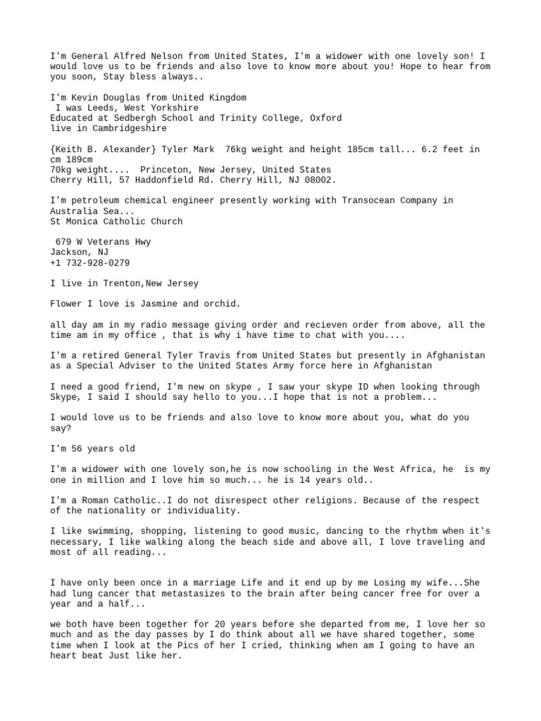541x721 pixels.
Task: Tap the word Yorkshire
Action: [172, 108]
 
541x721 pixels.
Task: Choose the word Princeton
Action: [164, 170]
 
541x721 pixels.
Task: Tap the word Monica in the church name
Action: [82, 221]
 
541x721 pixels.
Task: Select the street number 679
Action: [63, 242]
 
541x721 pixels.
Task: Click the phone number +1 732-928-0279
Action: [89, 263]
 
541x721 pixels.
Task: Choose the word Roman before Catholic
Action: [92, 500]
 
